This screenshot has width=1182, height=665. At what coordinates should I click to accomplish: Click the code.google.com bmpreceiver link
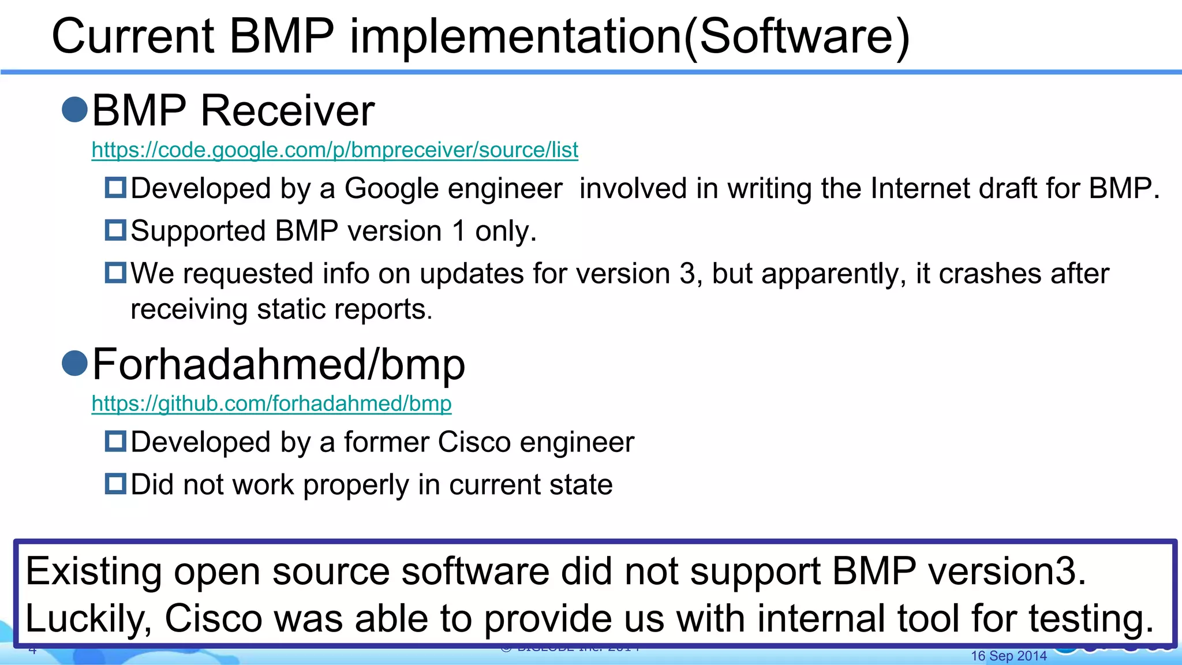click(x=335, y=150)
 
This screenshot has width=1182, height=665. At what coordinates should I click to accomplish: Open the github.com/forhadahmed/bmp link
click(x=271, y=404)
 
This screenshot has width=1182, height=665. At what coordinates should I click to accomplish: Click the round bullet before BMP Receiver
click(x=74, y=110)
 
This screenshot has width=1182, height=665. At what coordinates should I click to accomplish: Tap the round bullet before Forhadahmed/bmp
click(x=74, y=363)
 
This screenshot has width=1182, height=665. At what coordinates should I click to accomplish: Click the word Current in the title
click(x=133, y=36)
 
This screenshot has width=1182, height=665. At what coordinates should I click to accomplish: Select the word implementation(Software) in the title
click(x=630, y=36)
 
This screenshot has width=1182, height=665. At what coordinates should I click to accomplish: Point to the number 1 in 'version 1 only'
click(x=459, y=231)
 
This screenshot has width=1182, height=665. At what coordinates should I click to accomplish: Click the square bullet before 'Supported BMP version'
click(x=115, y=230)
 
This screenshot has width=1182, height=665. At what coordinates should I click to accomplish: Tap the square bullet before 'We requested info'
click(x=115, y=272)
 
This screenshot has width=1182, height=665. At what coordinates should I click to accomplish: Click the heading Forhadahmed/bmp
click(x=278, y=364)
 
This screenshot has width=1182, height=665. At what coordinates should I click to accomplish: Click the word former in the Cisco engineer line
click(x=386, y=442)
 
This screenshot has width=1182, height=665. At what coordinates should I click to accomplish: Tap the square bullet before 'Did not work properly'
click(x=115, y=483)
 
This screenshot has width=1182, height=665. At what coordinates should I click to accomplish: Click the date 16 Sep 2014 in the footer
click(x=1008, y=656)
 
